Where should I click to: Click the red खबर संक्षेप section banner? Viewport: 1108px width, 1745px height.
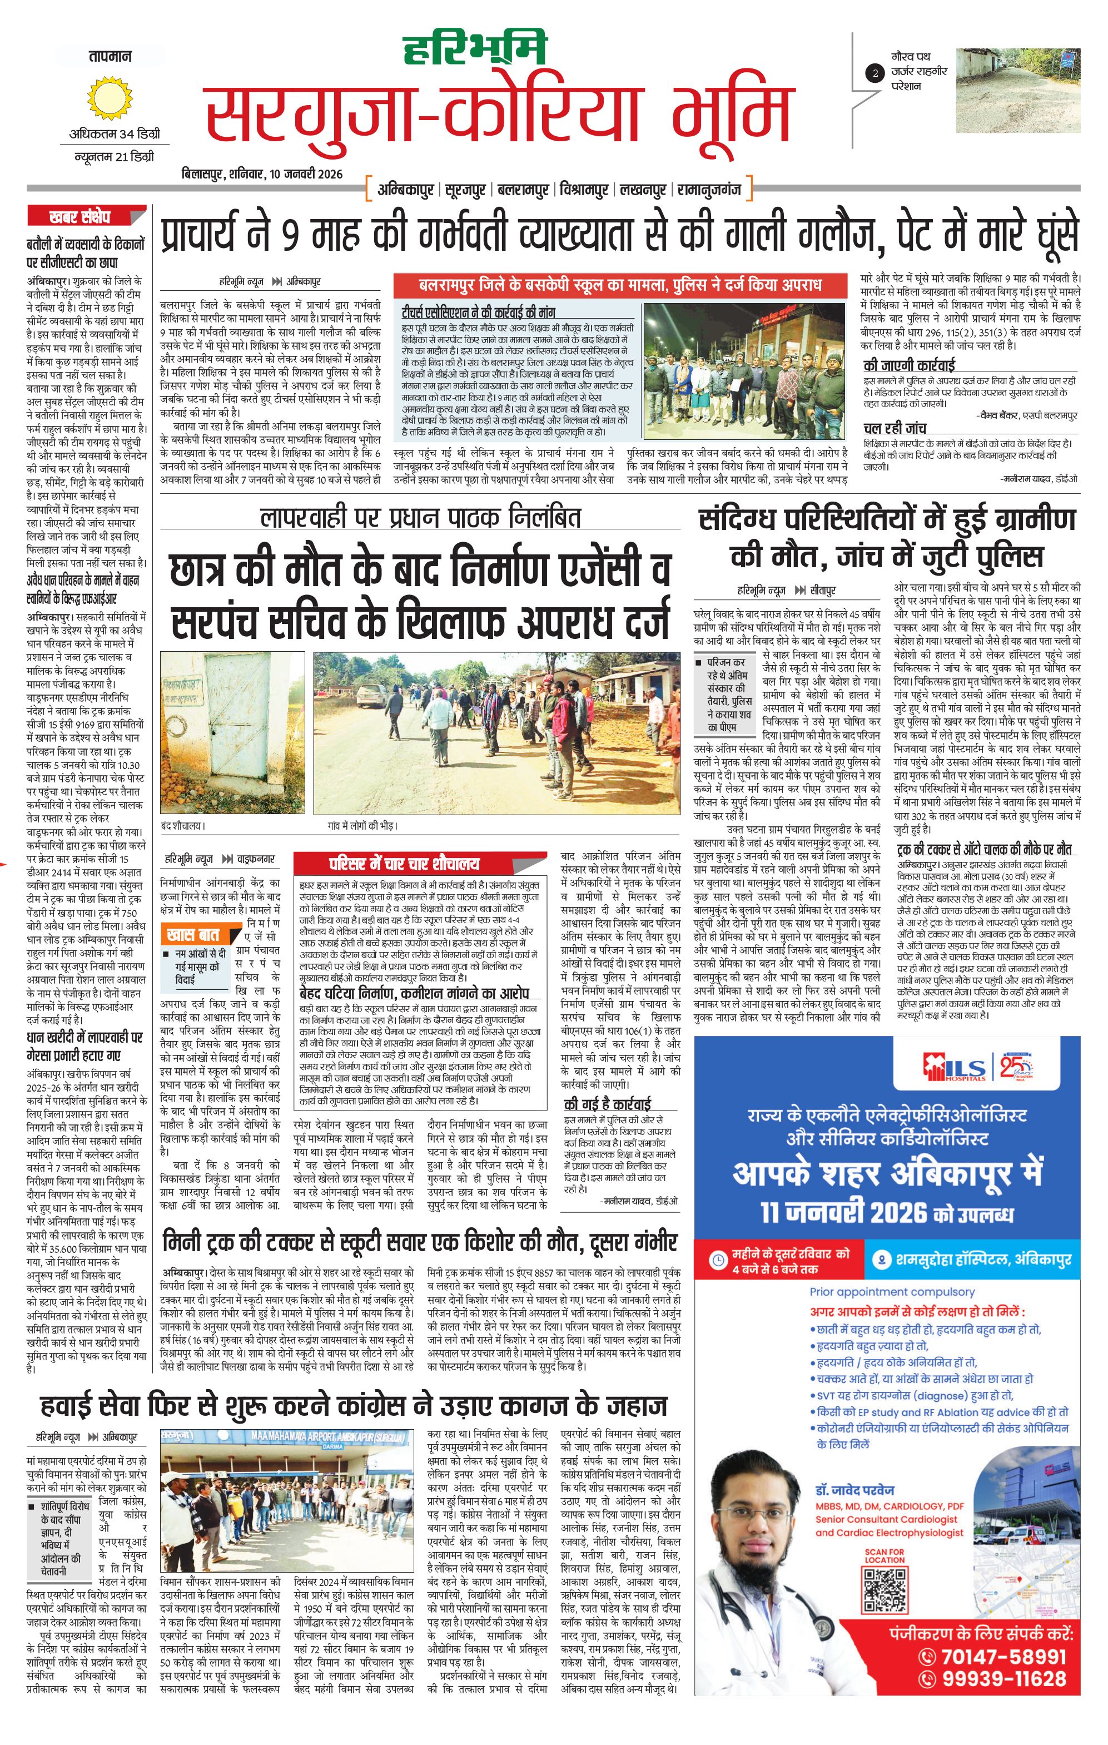coord(86,216)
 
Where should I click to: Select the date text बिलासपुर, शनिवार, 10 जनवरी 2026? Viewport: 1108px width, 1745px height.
coord(262,175)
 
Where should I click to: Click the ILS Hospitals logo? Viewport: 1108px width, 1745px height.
coord(955,1068)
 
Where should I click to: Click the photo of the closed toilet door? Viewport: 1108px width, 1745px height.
coord(232,732)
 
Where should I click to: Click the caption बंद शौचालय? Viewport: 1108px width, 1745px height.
coord(182,825)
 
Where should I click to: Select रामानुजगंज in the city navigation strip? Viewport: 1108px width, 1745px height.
coord(709,190)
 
